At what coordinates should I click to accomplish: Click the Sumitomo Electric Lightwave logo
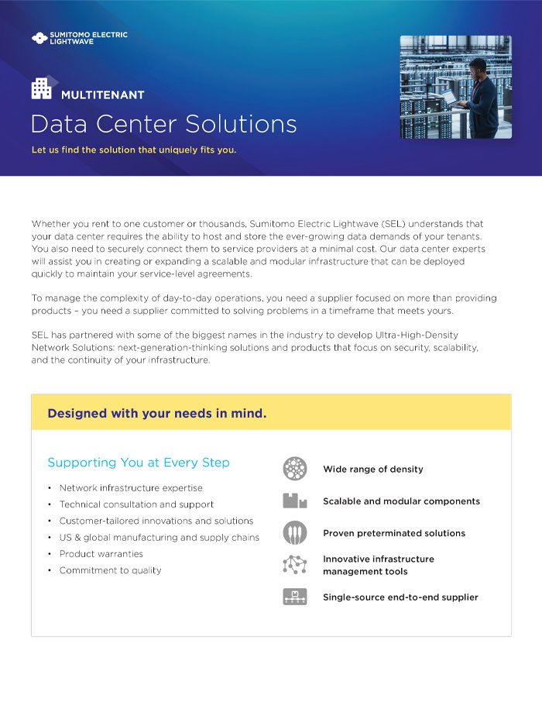point(79,37)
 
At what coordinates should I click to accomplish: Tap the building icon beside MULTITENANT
point(43,88)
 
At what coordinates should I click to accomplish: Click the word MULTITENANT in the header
point(102,95)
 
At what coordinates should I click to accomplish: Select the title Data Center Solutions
point(163,124)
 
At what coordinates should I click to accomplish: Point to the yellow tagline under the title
point(134,150)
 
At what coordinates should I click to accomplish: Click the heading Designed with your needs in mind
point(156,413)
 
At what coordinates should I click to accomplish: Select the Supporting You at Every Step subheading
point(139,463)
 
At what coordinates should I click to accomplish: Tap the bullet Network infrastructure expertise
point(131,488)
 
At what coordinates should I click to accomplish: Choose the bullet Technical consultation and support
point(136,504)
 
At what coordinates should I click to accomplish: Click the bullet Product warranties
point(101,554)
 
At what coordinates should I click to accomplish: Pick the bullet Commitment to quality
point(110,570)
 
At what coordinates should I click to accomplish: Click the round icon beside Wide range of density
point(295,469)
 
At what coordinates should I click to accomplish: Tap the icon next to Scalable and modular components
point(295,501)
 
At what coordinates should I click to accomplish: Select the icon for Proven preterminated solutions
point(295,533)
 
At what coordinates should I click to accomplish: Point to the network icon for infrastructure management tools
point(295,565)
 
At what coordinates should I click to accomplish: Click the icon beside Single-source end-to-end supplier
point(295,597)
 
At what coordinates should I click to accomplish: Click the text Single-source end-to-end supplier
point(400,597)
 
